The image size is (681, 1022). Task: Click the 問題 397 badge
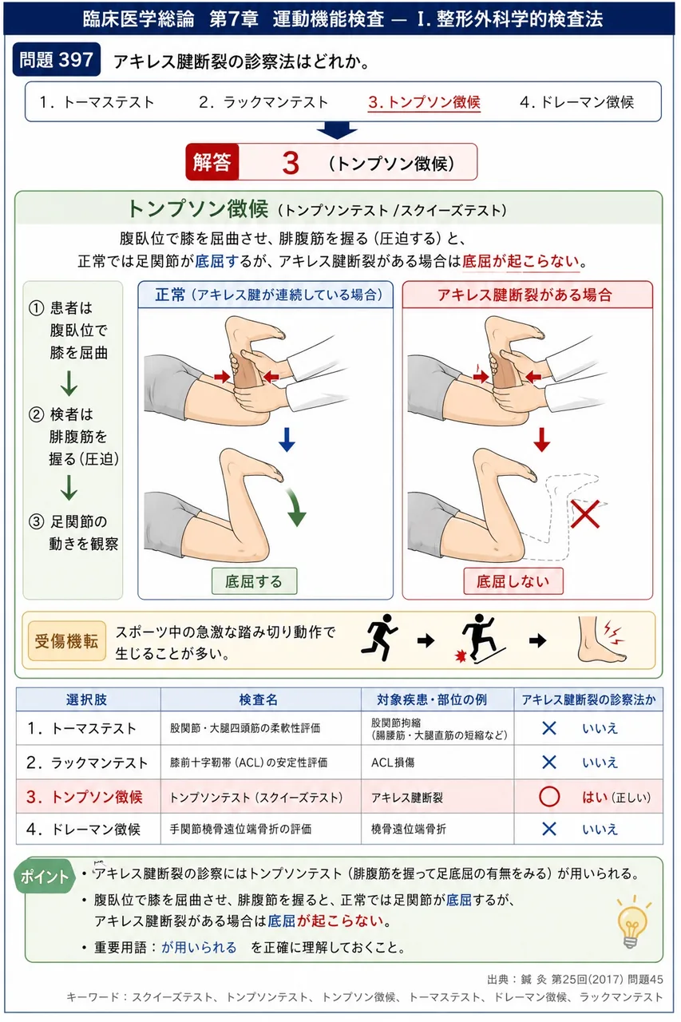tap(57, 59)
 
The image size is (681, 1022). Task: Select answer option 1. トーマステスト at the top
tap(97, 102)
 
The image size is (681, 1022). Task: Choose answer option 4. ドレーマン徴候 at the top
tap(576, 102)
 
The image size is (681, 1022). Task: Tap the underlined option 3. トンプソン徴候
tap(424, 102)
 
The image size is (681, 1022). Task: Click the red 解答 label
tap(212, 162)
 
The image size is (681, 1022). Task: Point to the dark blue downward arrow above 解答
tap(337, 130)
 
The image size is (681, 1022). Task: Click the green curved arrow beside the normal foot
tap(295, 506)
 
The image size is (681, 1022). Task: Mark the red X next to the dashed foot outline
tap(584, 513)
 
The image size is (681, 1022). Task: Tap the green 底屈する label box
tap(254, 581)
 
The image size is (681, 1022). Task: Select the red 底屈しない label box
tap(513, 581)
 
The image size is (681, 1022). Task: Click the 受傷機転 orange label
tap(66, 641)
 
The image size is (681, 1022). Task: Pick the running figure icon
tap(380, 638)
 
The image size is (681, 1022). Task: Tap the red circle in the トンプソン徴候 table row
tap(549, 797)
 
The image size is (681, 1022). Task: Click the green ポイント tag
tap(45, 877)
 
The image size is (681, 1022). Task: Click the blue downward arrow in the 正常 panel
tap(287, 439)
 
